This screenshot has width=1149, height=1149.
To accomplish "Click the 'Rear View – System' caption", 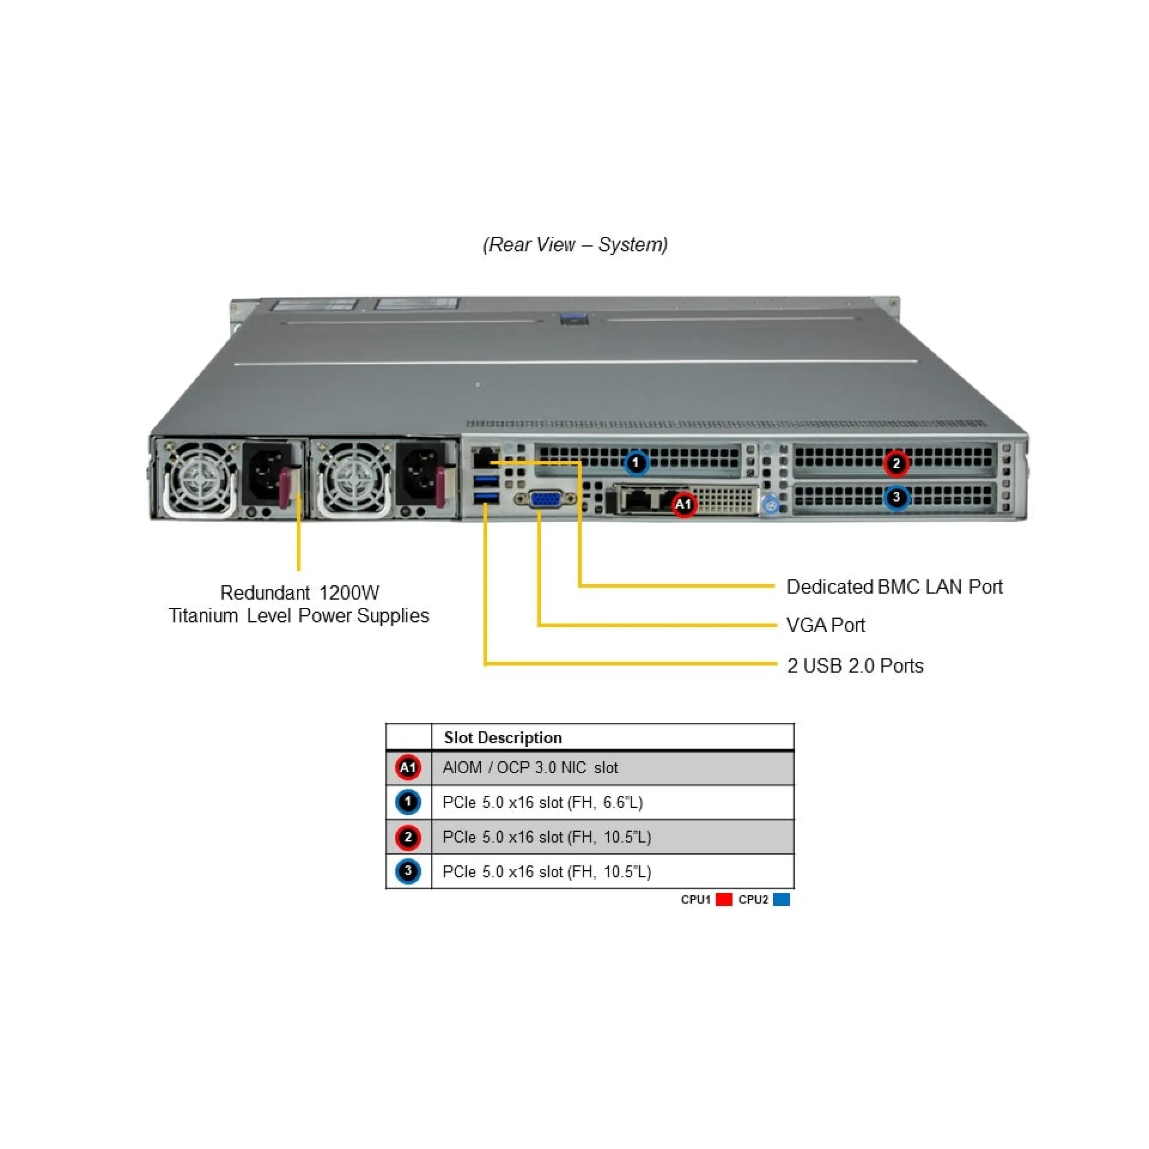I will [574, 245].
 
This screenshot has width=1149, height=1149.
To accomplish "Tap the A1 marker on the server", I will [683, 504].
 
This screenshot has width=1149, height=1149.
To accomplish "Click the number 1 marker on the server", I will [636, 462].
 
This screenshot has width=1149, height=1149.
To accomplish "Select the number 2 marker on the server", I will [896, 463].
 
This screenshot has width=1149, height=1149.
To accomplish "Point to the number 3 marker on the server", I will [896, 497].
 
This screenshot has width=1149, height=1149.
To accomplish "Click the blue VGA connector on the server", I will [545, 499].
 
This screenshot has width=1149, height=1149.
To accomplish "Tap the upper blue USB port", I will [486, 481].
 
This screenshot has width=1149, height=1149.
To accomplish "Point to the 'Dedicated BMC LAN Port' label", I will [893, 586].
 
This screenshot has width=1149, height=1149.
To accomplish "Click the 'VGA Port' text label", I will [825, 625].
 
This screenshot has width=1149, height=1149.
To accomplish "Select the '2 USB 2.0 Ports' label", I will [855, 665].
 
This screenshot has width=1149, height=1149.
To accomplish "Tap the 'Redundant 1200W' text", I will [299, 592].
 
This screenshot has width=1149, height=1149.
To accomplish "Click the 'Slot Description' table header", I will [503, 737].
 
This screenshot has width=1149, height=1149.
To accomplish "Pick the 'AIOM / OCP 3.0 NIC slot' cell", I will [530, 767].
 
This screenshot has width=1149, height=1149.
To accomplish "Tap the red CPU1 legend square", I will [724, 899].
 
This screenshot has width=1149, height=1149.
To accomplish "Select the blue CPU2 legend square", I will [781, 899].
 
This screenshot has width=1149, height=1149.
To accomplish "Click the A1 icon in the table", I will [408, 767].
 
